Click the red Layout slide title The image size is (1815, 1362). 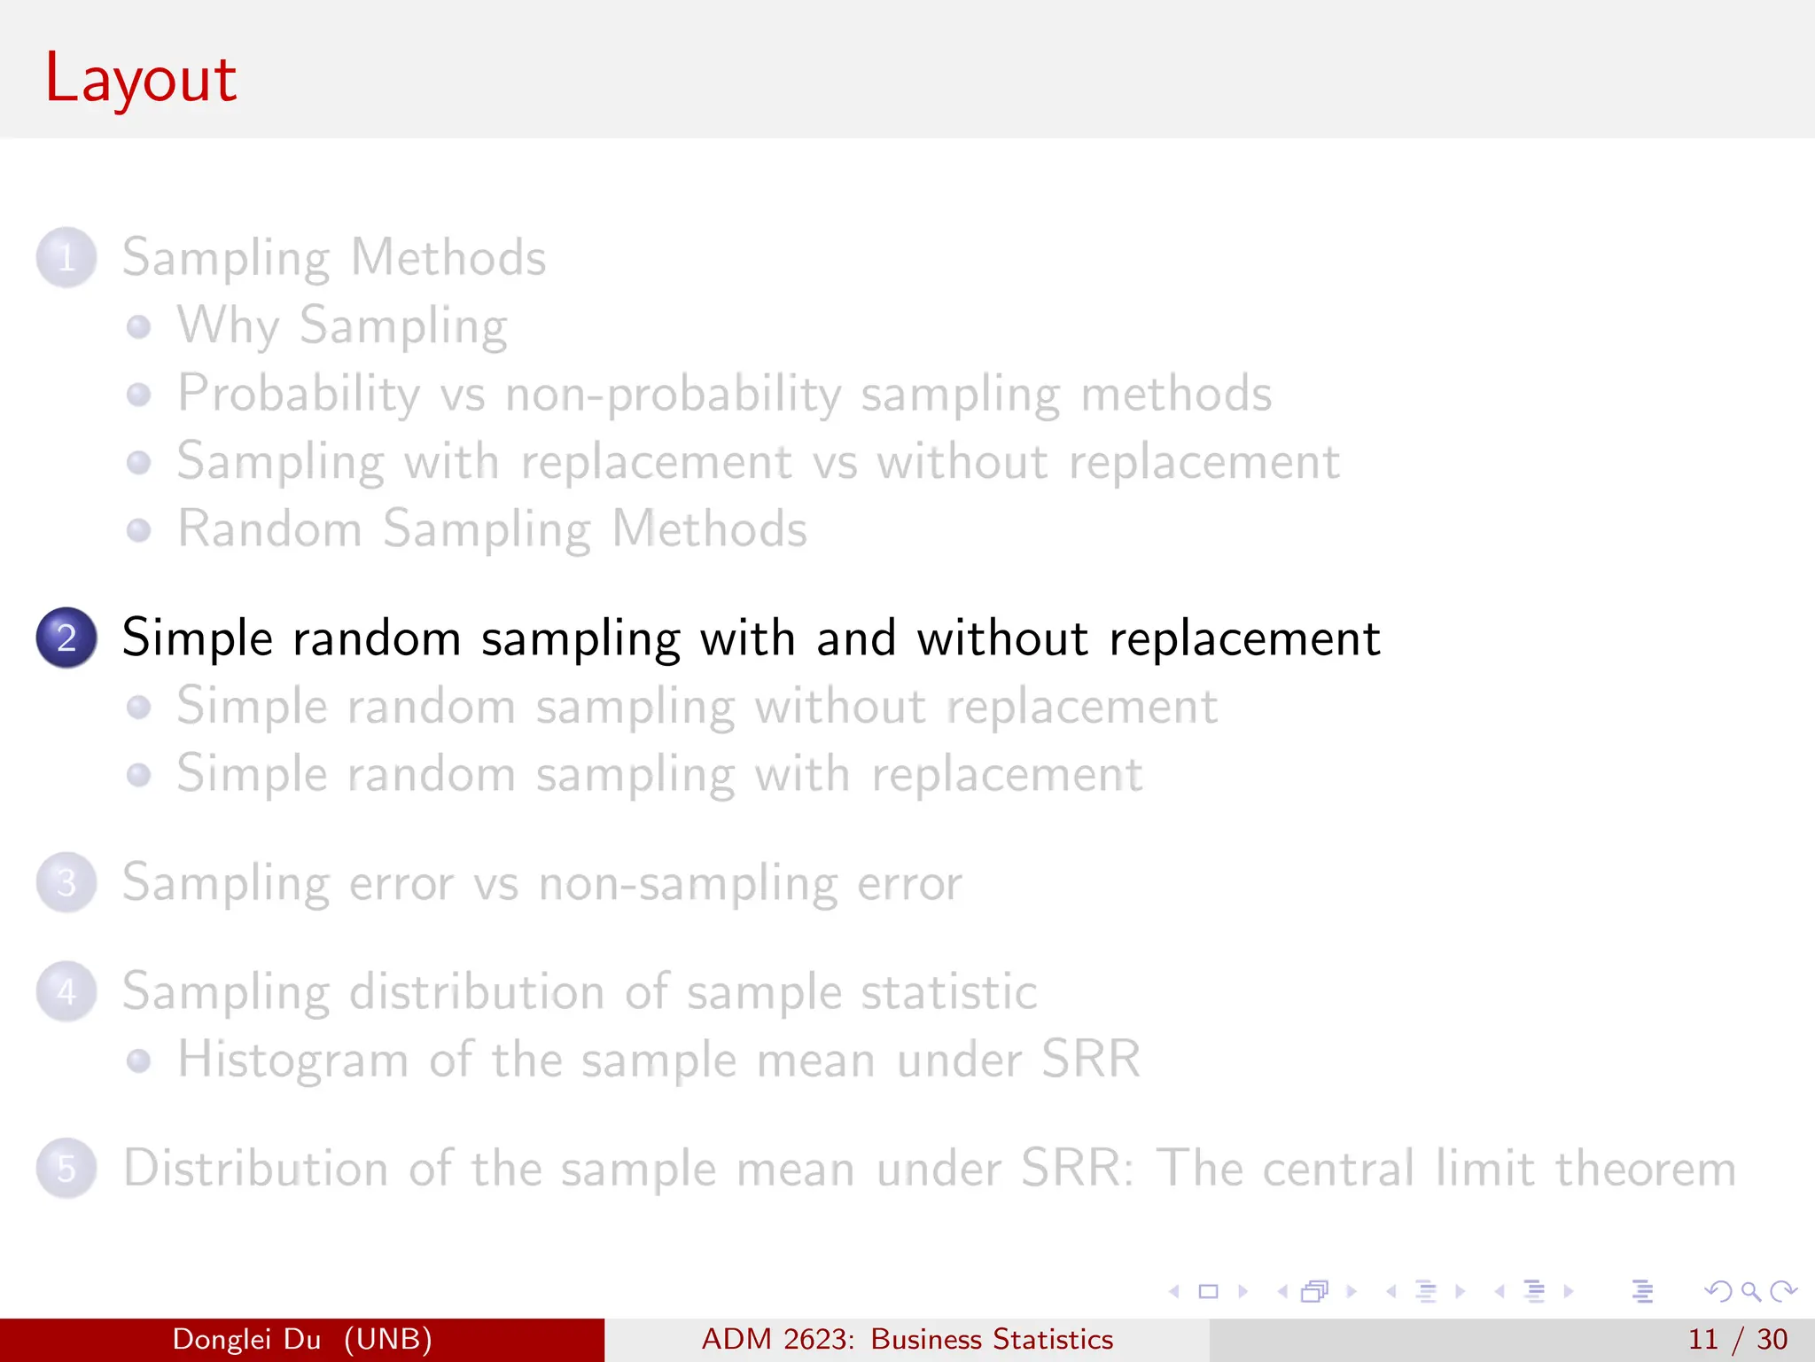click(140, 79)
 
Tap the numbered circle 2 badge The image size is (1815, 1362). click(66, 638)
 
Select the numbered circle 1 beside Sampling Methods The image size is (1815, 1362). click(66, 258)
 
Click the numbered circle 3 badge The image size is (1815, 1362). click(66, 883)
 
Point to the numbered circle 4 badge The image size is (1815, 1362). click(66, 991)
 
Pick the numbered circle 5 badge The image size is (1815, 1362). click(66, 1168)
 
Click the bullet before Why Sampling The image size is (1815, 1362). click(138, 327)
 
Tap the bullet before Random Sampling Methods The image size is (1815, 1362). click(138, 530)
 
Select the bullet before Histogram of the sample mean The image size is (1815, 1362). click(138, 1061)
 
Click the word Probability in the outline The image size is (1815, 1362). click(299, 394)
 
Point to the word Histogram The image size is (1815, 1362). click(292, 1060)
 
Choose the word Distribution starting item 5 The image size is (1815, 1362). click(255, 1168)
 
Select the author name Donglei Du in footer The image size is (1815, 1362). click(246, 1339)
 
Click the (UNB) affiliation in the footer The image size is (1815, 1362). click(388, 1339)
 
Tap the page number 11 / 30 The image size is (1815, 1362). click(1737, 1339)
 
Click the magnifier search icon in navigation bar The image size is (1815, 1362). click(1750, 1291)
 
